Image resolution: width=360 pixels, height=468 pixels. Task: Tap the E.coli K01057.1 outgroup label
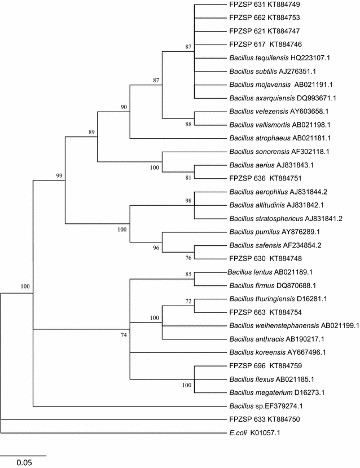tap(254, 434)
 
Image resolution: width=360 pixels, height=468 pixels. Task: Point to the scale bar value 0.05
tap(24, 463)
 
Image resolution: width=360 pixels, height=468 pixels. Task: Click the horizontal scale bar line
tap(23, 454)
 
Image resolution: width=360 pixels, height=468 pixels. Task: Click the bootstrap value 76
tap(188, 258)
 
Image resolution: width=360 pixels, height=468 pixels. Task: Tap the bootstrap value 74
tap(124, 335)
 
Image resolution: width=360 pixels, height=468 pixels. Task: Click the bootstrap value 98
tap(188, 201)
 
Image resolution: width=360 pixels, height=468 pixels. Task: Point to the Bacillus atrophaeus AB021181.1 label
tap(271, 138)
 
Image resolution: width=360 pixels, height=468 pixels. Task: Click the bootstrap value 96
tap(156, 247)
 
